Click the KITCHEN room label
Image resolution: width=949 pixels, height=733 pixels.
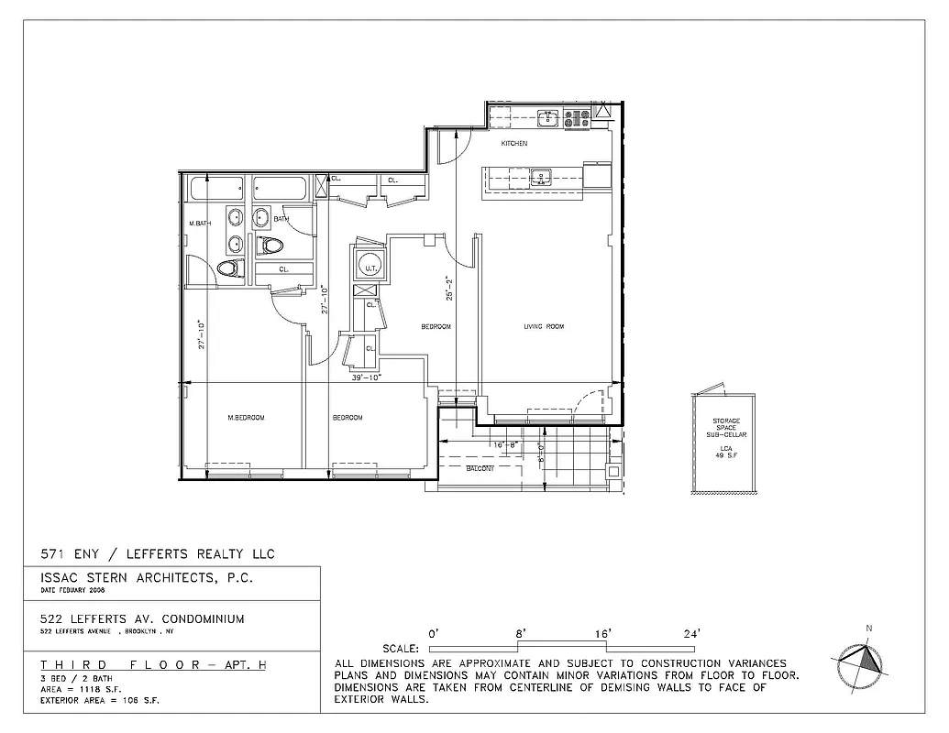coord(513,144)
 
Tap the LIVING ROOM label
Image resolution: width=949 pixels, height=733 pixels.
coord(543,326)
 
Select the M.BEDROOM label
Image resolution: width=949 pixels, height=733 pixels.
coord(246,418)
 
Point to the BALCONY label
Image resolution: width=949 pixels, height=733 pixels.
coord(480,468)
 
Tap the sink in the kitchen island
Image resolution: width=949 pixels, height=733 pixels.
coord(540,176)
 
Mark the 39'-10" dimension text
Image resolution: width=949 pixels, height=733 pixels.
coord(365,377)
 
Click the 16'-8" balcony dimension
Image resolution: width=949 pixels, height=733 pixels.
coord(506,445)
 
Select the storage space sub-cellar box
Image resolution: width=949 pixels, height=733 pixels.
coord(723,443)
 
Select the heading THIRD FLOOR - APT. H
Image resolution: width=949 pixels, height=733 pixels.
coord(154,664)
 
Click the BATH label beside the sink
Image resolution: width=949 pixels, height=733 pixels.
coord(281,219)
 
